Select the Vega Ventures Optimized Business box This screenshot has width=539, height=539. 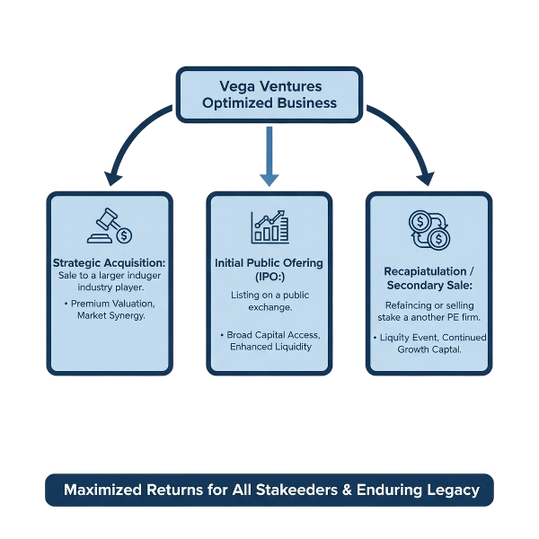tap(269, 95)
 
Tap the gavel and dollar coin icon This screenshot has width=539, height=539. tap(110, 226)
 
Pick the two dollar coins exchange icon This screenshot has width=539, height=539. tap(429, 228)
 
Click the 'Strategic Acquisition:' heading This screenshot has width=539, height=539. tap(110, 262)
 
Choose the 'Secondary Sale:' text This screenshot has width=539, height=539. tap(429, 285)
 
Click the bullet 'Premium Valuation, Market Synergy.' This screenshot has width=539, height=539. tap(110, 310)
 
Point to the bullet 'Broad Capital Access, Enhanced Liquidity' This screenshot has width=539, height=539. tap(269, 340)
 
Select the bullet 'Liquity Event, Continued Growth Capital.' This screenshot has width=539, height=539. tap(429, 343)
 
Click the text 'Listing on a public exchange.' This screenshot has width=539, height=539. tap(269, 301)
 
